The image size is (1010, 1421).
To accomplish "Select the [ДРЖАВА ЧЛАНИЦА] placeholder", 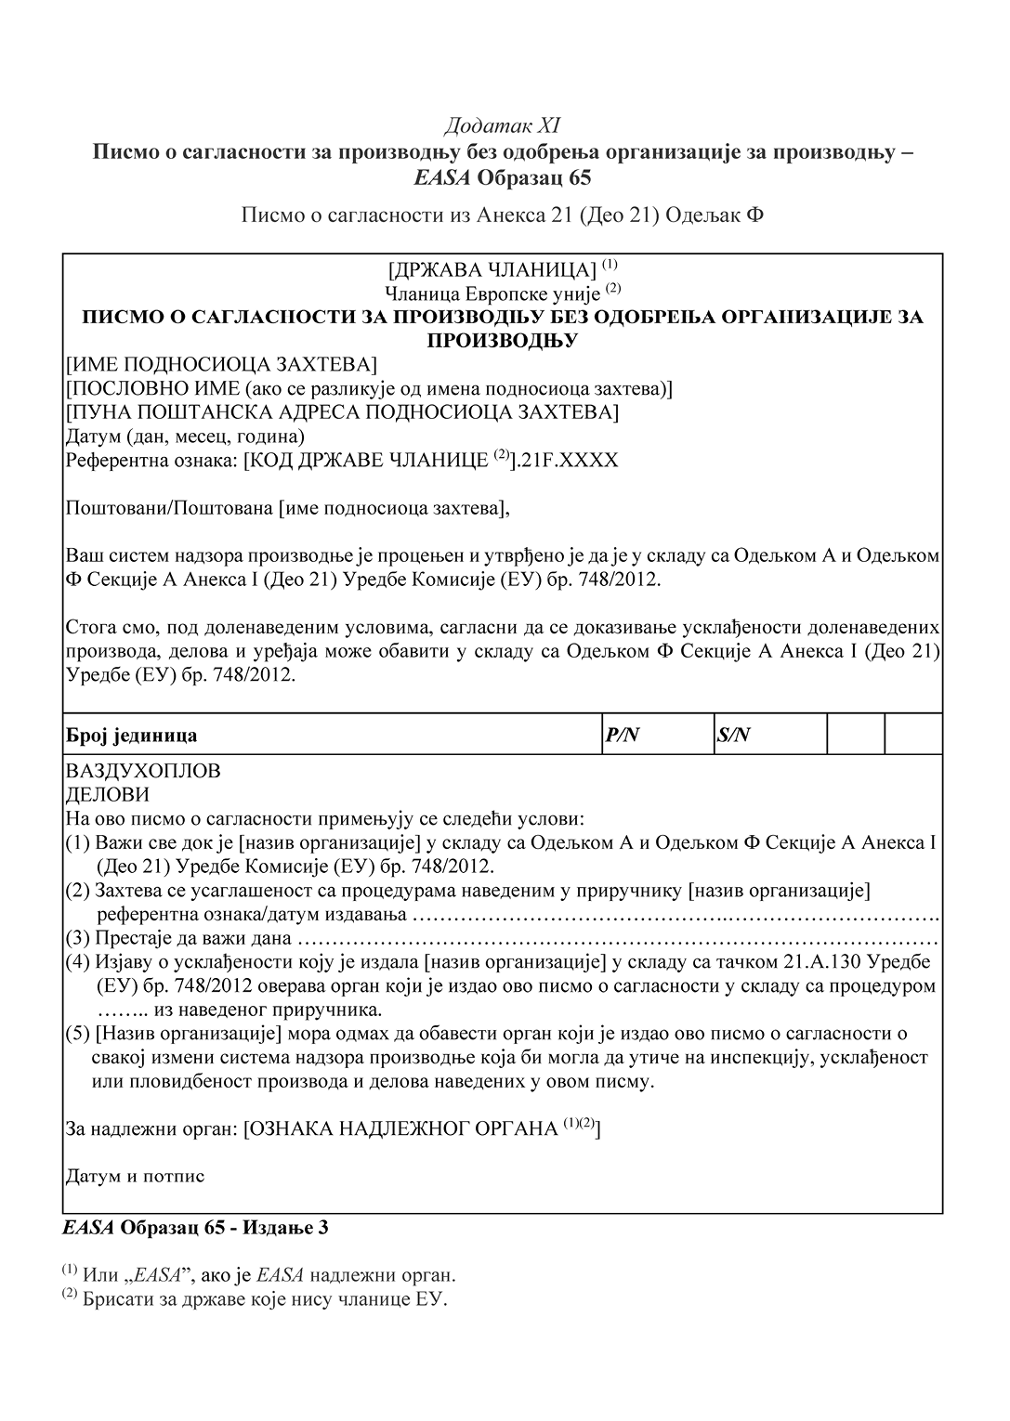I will [492, 270].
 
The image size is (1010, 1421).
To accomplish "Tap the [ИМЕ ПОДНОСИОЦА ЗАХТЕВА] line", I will [221, 363].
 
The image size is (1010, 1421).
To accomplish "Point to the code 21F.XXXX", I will [570, 460].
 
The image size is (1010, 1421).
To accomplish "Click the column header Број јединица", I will [131, 736].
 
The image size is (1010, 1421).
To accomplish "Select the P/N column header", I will [623, 736].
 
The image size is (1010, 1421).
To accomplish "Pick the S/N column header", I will [733, 736].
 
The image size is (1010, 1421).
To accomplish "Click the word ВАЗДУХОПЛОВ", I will [143, 771].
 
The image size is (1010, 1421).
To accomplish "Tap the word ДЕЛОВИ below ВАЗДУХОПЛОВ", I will [107, 795].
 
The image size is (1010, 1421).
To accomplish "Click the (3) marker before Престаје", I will [77, 937].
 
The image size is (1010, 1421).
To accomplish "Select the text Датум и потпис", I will [135, 1176].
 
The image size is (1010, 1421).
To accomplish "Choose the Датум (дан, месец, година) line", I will [186, 436].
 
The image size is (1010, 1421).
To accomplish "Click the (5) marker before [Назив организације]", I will [77, 1034].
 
